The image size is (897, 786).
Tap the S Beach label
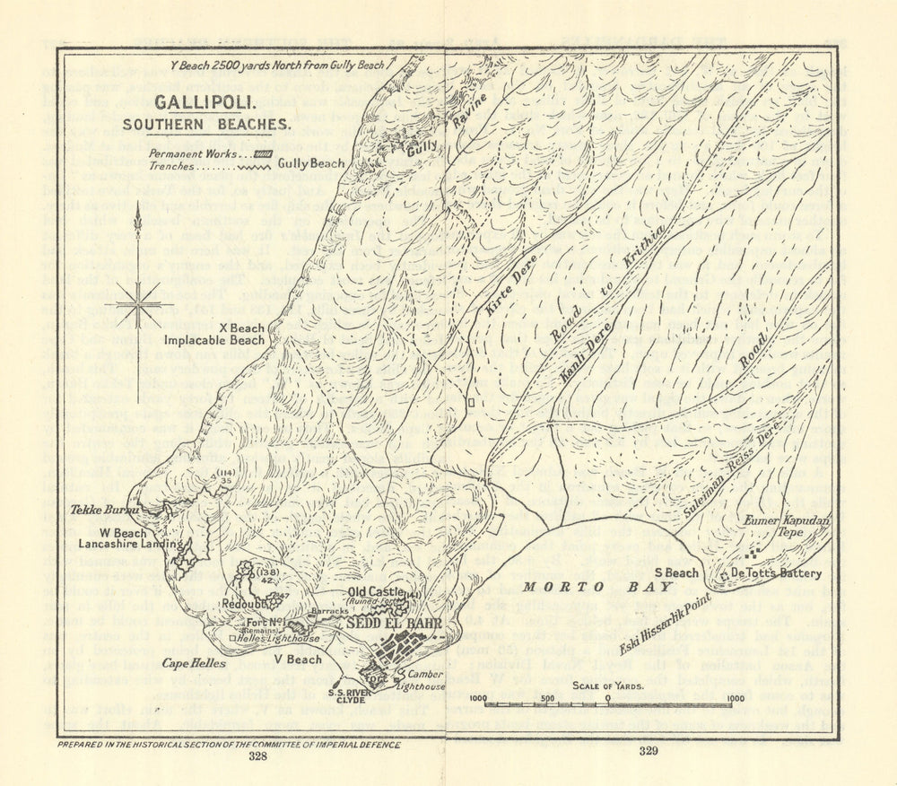[676, 572]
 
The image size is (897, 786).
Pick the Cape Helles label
[193, 664]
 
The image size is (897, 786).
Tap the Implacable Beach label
[215, 341]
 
